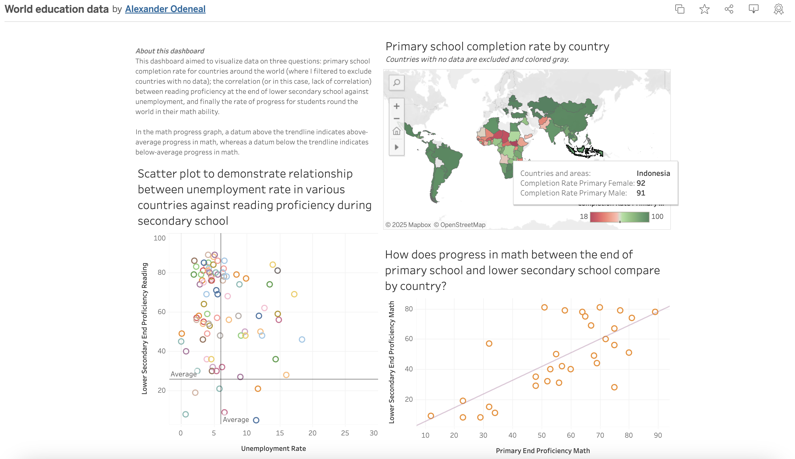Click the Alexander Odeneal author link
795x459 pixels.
pyautogui.click(x=165, y=9)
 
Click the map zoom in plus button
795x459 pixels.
pyautogui.click(x=396, y=106)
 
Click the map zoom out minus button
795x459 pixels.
pyautogui.click(x=396, y=119)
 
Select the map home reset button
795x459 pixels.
pyautogui.click(x=396, y=131)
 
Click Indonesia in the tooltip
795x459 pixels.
pyautogui.click(x=653, y=173)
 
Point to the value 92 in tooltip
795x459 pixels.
pyautogui.click(x=640, y=183)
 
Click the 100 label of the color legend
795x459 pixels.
pyautogui.click(x=657, y=217)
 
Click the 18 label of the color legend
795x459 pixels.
pyautogui.click(x=583, y=217)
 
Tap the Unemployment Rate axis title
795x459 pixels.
pyautogui.click(x=273, y=448)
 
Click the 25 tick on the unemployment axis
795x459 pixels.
pyautogui.click(x=345, y=433)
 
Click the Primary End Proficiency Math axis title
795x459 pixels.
pyautogui.click(x=542, y=451)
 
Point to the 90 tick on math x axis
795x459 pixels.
pyautogui.click(x=658, y=435)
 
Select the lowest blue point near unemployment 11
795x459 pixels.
pyautogui.click(x=256, y=420)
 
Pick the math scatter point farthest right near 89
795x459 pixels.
pyautogui.click(x=655, y=312)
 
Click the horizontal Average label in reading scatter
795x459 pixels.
pyautogui.click(x=183, y=374)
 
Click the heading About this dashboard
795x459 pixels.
pyautogui.click(x=170, y=51)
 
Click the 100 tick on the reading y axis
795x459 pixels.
pyautogui.click(x=160, y=238)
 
